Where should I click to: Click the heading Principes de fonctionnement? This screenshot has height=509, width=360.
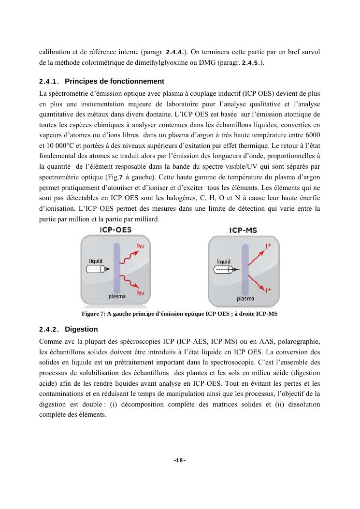tap(114, 81)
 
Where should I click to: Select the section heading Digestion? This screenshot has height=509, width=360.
tap(81, 330)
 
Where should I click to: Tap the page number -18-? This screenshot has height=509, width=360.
tap(180, 461)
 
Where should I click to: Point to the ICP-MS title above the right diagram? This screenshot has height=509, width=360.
tap(243, 231)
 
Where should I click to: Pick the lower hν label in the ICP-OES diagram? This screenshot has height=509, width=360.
tap(141, 293)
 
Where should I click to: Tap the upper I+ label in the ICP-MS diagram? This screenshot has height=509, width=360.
tap(268, 247)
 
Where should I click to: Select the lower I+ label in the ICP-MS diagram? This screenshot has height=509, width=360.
tap(268, 291)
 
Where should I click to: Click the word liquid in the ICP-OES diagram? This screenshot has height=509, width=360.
tap(95, 261)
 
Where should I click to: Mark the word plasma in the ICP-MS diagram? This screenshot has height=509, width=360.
tap(245, 299)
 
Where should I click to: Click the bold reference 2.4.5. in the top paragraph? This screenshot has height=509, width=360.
tap(251, 64)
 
